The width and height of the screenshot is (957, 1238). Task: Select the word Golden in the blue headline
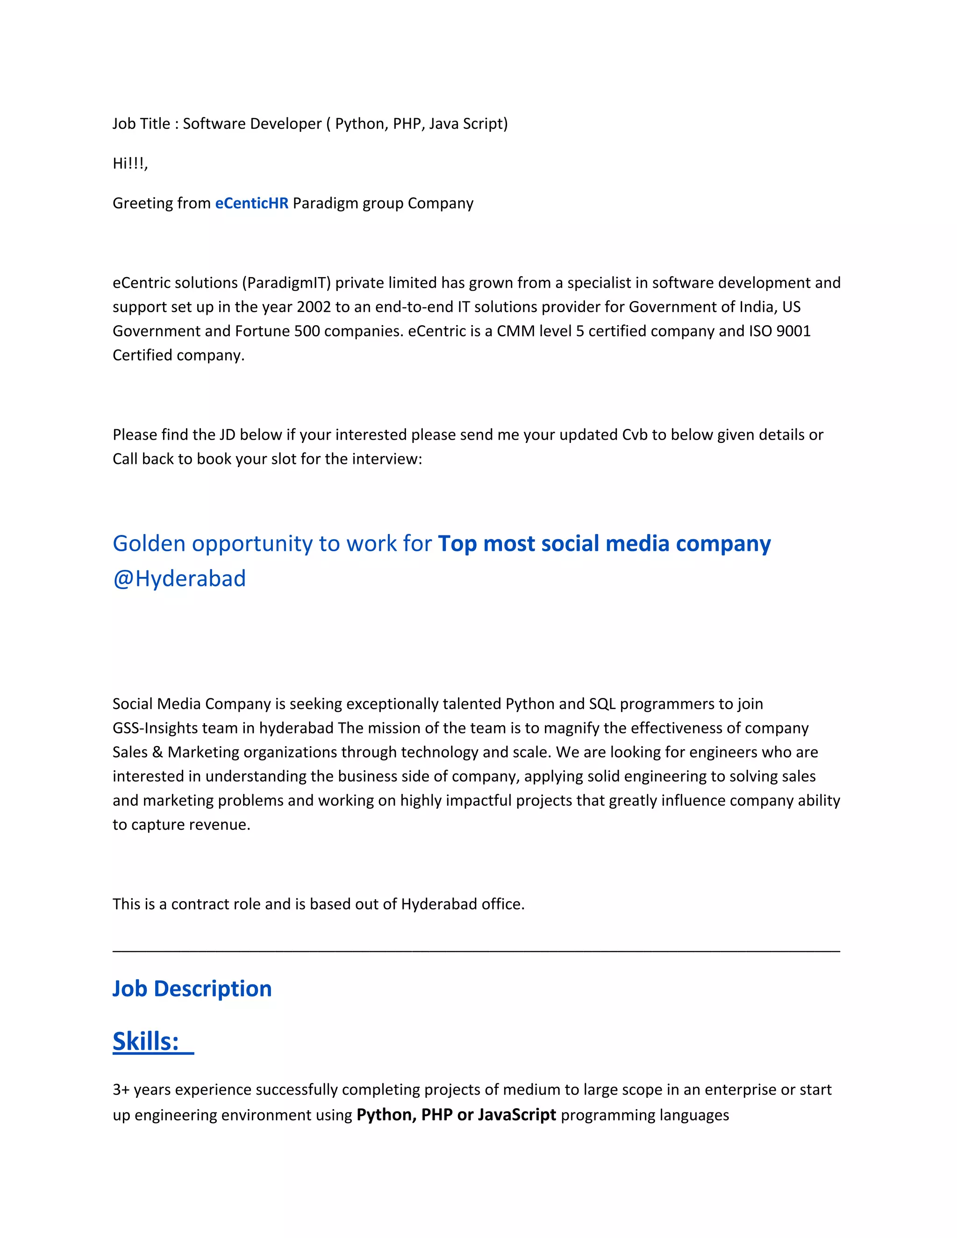149,544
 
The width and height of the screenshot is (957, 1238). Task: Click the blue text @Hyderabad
179,579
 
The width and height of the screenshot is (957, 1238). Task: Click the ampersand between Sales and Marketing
157,753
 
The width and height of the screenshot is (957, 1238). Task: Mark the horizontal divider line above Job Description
476,952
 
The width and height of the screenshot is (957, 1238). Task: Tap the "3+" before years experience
121,1090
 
